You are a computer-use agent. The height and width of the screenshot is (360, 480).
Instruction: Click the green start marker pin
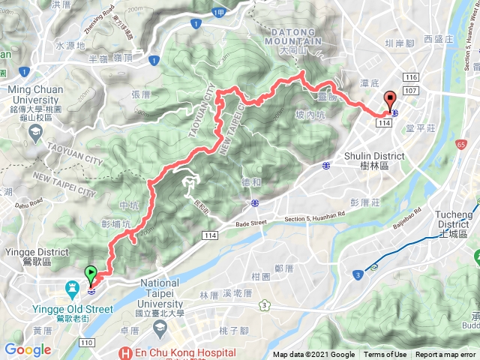(x=91, y=274)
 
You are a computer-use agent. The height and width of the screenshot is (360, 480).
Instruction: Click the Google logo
(x=28, y=349)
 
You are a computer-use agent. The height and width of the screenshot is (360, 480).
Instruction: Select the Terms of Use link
(x=385, y=355)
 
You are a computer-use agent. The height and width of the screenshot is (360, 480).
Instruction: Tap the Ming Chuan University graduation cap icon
(x=34, y=132)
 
